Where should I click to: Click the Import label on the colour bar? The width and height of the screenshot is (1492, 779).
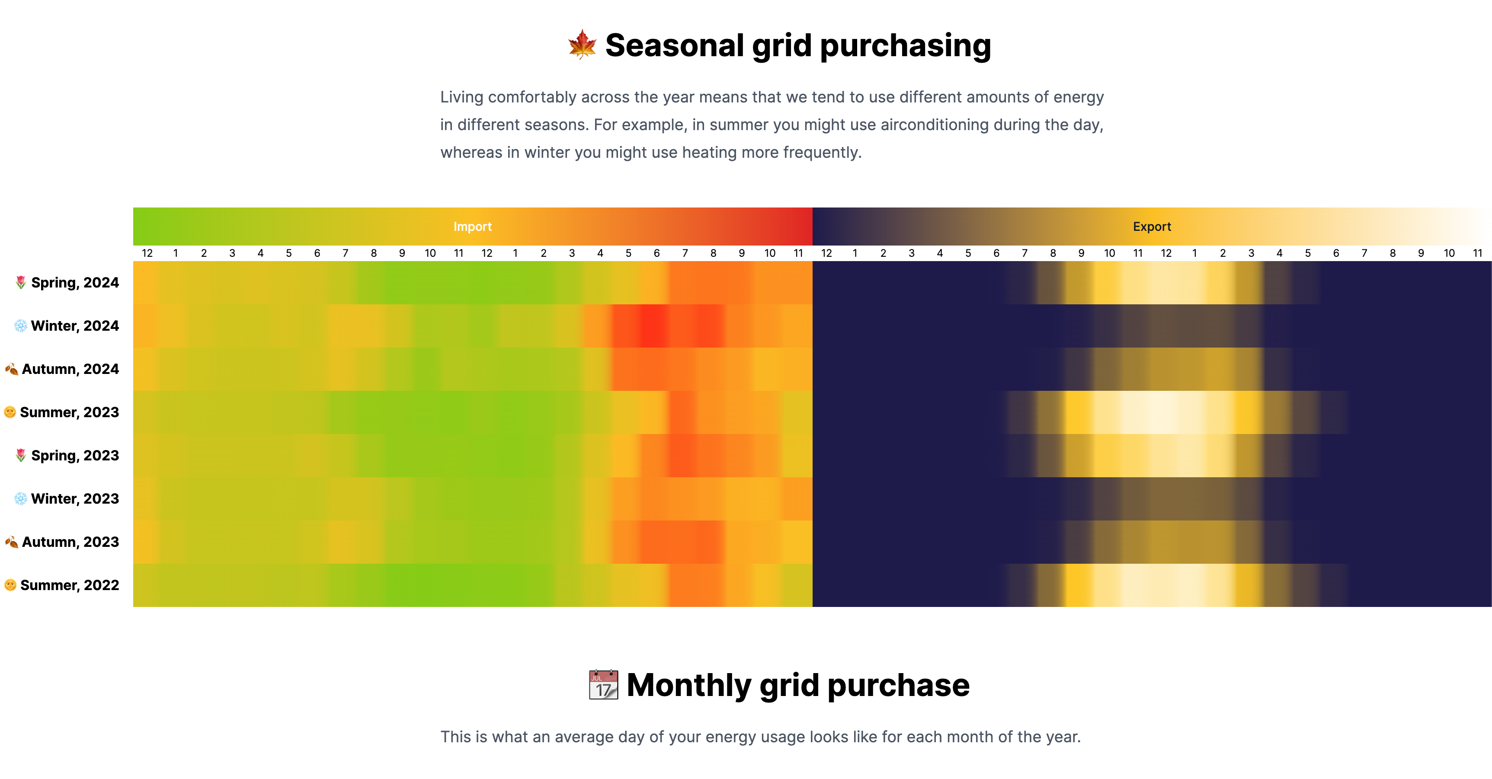coord(472,227)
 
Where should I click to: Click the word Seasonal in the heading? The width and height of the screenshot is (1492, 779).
coord(674,46)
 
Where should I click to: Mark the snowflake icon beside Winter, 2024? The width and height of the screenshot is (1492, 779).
coord(20,326)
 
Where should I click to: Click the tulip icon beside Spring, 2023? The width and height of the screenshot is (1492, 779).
coord(21,456)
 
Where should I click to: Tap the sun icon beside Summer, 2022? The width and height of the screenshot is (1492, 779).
coord(10,585)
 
